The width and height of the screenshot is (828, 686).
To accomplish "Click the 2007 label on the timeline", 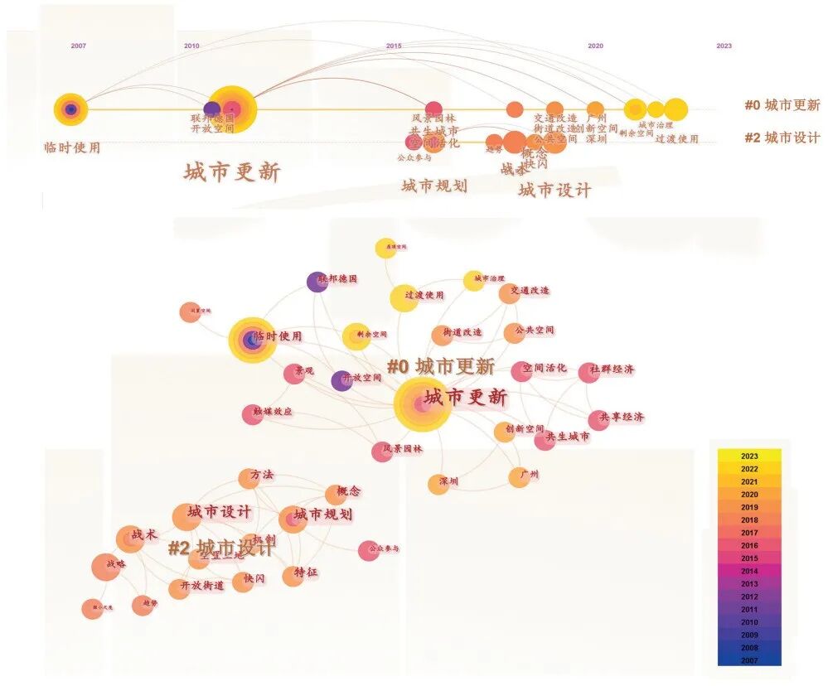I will tap(78, 46).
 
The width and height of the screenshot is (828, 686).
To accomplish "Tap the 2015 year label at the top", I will tap(394, 46).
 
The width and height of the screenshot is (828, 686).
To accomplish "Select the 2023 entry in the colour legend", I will tap(749, 456).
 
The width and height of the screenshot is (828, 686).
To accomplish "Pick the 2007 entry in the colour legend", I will tap(749, 659).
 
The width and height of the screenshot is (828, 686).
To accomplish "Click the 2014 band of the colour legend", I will tap(749, 571).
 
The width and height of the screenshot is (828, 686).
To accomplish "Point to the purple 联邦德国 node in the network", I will tap(317, 282).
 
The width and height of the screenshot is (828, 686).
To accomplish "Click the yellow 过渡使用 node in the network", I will tap(404, 297).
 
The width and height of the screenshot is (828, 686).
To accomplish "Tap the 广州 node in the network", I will tap(520, 476).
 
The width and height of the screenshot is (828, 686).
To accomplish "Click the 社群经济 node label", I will tap(613, 370).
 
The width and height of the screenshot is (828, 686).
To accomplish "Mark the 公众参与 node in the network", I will tap(369, 550).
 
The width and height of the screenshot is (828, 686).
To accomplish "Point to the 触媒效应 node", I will tap(253, 414).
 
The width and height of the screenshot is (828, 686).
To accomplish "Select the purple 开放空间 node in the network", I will tap(341, 380).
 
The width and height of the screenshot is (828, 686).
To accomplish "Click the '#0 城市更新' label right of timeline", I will tap(782, 105).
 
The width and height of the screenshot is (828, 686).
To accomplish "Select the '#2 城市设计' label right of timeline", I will tap(782, 138).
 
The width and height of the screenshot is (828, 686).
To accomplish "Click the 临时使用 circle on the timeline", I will tap(70, 109).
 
